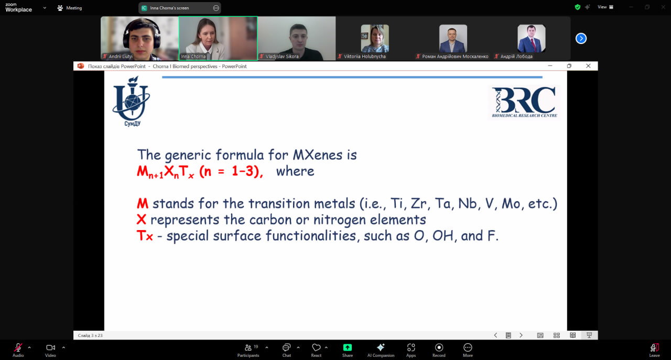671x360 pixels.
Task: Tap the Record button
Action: (439, 347)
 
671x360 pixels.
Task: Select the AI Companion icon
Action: (381, 347)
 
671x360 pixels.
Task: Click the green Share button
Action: (348, 347)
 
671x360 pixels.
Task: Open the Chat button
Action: (286, 347)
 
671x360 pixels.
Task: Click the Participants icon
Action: (248, 347)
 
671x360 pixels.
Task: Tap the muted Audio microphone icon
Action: (18, 347)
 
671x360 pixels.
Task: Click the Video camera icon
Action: (50, 347)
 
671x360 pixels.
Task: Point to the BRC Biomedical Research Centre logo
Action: (525, 102)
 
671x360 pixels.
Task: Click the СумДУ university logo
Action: (131, 101)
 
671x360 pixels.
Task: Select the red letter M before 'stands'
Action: (143, 203)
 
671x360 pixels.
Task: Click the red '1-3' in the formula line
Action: (243, 171)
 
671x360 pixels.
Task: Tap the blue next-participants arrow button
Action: (581, 38)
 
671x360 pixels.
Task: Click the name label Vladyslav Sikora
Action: (282, 56)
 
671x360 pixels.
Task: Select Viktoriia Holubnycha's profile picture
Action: (375, 38)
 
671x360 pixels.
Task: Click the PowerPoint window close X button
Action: (588, 66)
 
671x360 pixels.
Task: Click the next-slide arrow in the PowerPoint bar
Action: (521, 335)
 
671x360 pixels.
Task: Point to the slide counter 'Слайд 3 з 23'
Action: (90, 335)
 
